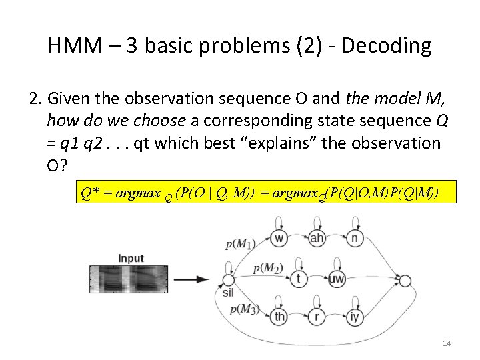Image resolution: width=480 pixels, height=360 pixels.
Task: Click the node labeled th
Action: click(x=281, y=317)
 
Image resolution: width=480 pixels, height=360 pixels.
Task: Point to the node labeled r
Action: click(x=317, y=317)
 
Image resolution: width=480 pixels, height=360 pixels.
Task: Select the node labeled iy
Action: click(x=354, y=317)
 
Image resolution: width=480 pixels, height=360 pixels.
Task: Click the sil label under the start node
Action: click(x=228, y=293)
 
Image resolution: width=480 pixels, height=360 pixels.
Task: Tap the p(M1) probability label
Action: click(x=240, y=244)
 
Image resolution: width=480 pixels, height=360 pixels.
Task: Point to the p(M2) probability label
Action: click(x=268, y=269)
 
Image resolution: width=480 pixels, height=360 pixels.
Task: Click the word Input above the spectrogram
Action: click(x=131, y=259)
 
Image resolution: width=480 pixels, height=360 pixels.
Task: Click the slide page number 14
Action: click(x=447, y=343)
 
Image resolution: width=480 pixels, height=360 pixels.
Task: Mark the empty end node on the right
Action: click(x=405, y=280)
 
